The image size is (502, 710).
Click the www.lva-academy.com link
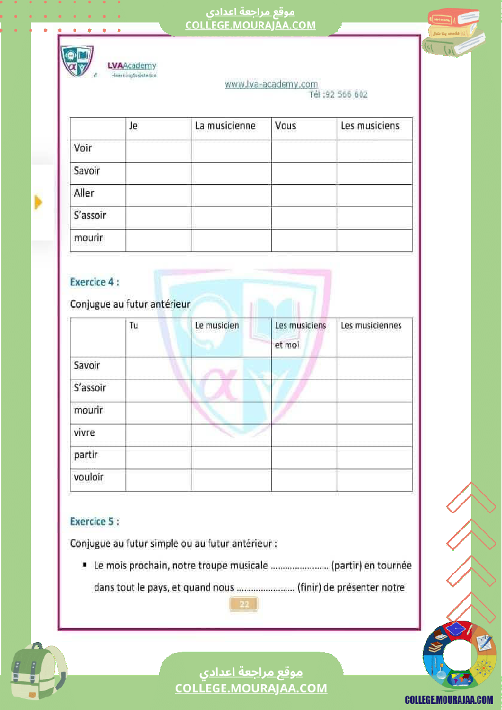pyautogui.click(x=271, y=84)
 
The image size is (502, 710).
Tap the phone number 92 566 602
pyautogui.click(x=345, y=95)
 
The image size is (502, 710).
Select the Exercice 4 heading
pyautogui.click(x=94, y=282)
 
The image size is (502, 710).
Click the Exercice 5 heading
pyautogui.click(x=94, y=521)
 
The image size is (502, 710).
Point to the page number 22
pyautogui.click(x=244, y=604)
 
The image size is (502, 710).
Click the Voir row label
pyautogui.click(x=83, y=148)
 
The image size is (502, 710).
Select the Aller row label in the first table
pyautogui.click(x=84, y=193)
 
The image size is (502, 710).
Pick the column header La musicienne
pyautogui.click(x=225, y=126)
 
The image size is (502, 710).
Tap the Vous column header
pyautogui.click(x=286, y=126)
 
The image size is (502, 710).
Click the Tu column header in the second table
pyautogui.click(x=134, y=326)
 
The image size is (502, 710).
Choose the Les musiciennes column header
pyautogui.click(x=371, y=326)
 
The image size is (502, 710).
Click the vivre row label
pyautogui.click(x=84, y=433)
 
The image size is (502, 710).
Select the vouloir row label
pyautogui.click(x=89, y=477)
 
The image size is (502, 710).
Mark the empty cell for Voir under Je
pyautogui.click(x=158, y=151)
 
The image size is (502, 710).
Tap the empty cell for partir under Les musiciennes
pyautogui.click(x=374, y=457)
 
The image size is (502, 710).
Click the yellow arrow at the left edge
pyautogui.click(x=38, y=202)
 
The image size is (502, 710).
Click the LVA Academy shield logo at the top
pyautogui.click(x=77, y=61)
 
